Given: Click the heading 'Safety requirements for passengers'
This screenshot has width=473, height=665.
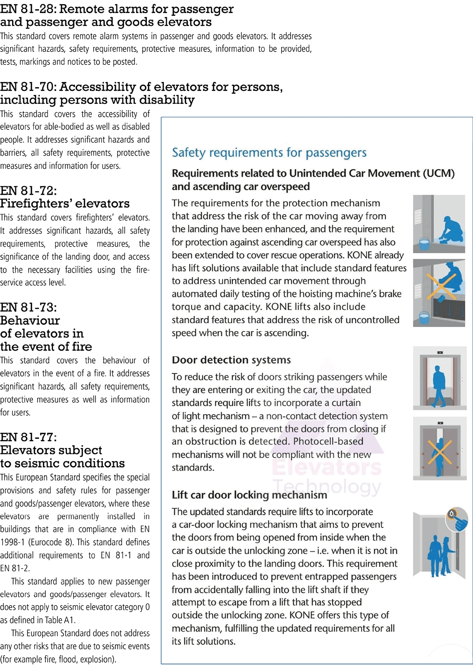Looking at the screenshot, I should tap(269, 153).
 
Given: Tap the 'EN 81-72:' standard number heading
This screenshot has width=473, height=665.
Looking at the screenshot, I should tap(28, 191).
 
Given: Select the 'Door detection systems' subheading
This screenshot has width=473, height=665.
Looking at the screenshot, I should tap(231, 360).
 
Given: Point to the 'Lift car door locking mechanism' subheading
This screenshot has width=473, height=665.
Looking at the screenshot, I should tap(249, 495).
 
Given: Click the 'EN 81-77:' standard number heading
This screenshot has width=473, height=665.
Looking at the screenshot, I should tap(28, 437).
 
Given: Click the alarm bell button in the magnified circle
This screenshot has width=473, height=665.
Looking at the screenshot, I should tap(452, 514).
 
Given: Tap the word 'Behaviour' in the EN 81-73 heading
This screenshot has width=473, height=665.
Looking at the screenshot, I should tap(30, 320).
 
